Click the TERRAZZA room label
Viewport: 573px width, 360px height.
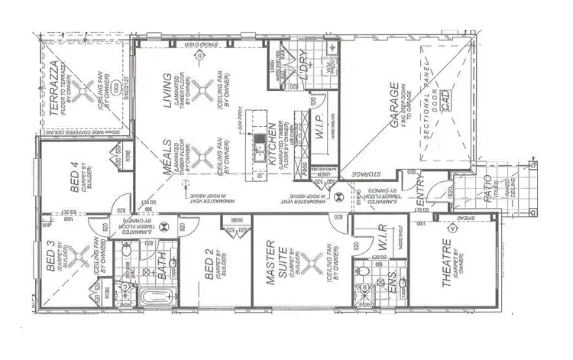click(54, 91)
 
